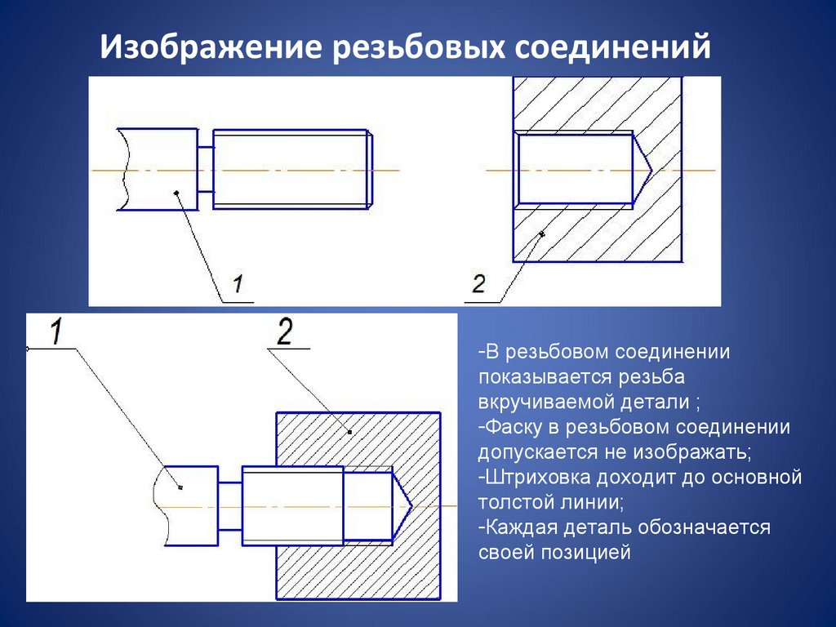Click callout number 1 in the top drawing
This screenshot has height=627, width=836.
(237, 284)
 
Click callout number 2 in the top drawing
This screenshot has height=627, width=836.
(478, 284)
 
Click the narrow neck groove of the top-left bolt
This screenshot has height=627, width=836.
(205, 169)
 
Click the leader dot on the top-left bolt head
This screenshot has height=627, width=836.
(176, 193)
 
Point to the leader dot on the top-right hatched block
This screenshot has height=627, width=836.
(541, 235)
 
